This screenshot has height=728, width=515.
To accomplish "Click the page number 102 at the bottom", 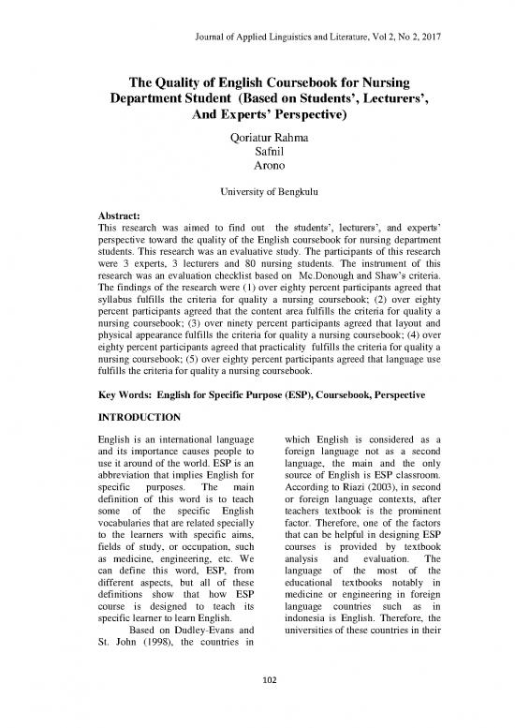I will click(x=257, y=706).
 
